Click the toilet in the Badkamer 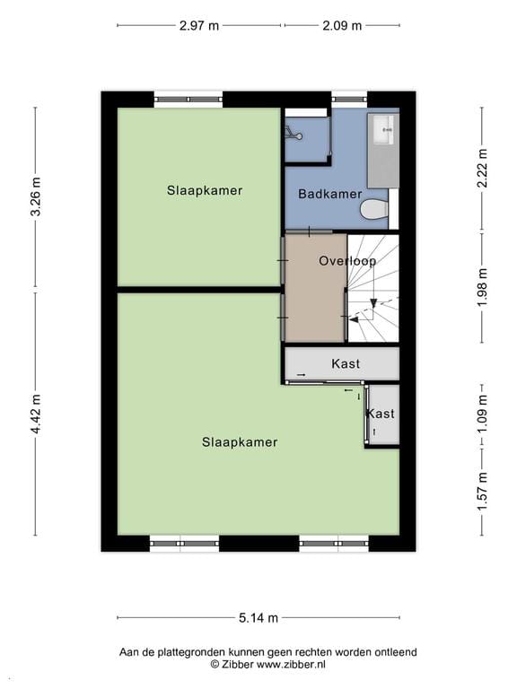click(x=373, y=210)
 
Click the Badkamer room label click(x=329, y=194)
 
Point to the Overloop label click(x=346, y=261)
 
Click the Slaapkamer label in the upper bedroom click(x=204, y=190)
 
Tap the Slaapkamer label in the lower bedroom click(x=239, y=441)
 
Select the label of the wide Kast click(x=346, y=363)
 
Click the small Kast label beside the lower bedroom click(x=380, y=414)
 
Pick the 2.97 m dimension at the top click(x=198, y=25)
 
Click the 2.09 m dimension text click(x=342, y=25)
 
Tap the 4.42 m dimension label click(x=36, y=414)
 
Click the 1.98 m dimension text click(x=482, y=287)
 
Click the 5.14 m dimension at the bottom click(x=258, y=617)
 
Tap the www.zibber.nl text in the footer click(x=291, y=665)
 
